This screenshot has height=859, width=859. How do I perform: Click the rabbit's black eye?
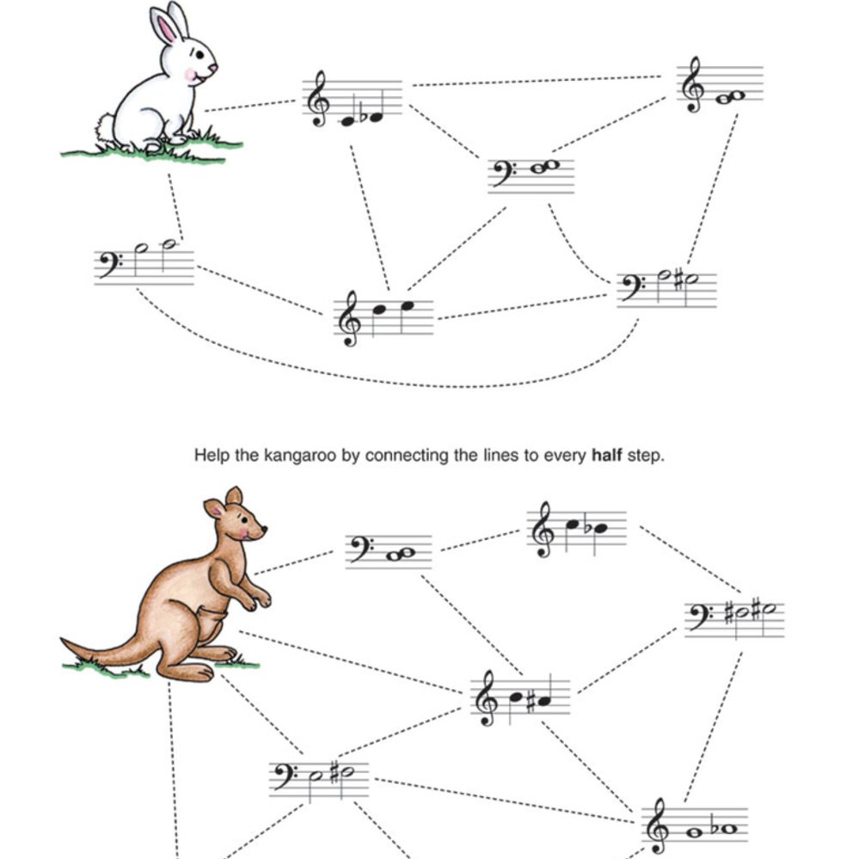click(x=199, y=55)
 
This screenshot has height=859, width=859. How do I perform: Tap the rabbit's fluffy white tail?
click(x=105, y=127)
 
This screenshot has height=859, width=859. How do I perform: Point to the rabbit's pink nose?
click(x=213, y=68)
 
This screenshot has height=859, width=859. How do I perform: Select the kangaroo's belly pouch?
click(x=211, y=624)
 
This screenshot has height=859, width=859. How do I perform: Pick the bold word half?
click(x=606, y=455)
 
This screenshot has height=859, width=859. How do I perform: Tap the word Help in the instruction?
click(x=212, y=455)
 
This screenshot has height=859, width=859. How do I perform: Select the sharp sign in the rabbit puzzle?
click(x=678, y=281)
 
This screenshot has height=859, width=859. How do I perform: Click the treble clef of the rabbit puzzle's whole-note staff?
click(x=694, y=85)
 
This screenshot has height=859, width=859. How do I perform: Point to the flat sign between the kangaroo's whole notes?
click(x=715, y=828)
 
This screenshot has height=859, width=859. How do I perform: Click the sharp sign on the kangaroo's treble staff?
click(x=531, y=702)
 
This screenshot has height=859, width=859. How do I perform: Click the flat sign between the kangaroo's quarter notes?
click(x=588, y=528)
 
